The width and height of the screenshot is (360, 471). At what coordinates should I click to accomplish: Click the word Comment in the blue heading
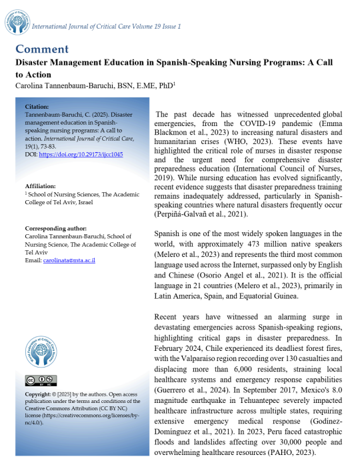(41, 49)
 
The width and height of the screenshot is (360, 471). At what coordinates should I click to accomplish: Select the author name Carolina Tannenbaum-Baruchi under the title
(77, 86)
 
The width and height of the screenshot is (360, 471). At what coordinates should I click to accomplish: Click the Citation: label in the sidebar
(36, 107)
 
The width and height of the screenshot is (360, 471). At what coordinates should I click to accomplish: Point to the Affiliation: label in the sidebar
(39, 185)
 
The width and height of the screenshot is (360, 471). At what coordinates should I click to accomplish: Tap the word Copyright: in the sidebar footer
(39, 394)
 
